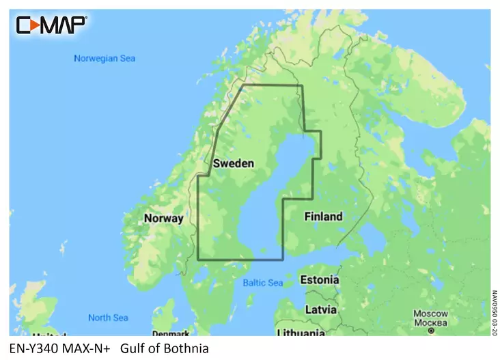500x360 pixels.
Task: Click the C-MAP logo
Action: coord(51,25)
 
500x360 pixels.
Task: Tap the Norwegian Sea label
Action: coord(104,59)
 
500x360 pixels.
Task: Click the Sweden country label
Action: coord(234,164)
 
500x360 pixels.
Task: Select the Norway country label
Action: coord(163,219)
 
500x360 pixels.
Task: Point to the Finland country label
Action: coord(323,217)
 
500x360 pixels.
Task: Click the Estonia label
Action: coord(320,280)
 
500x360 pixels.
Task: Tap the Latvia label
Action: coord(321,309)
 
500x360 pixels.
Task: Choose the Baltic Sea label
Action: coord(263,283)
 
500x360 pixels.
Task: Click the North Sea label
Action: coord(108,318)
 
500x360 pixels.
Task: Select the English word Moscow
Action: coord(430,314)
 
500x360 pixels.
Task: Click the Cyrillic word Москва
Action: coord(430,322)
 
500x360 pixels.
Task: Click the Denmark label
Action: coord(171,333)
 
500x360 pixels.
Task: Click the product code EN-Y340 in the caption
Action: coord(33,348)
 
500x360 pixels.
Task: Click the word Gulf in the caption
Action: coord(132,348)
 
